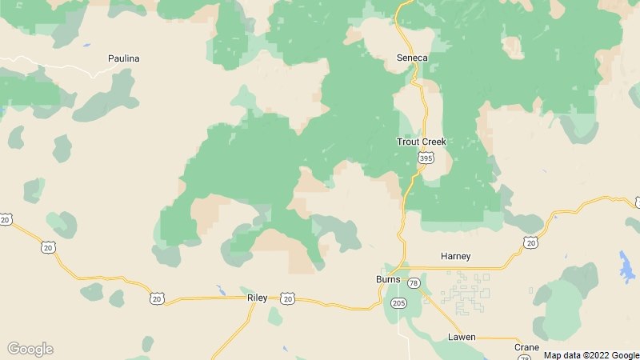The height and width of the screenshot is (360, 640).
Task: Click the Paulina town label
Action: coord(124,58)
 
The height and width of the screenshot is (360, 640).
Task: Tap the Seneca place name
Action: coord(413,58)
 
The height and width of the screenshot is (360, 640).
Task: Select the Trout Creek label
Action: coord(422,142)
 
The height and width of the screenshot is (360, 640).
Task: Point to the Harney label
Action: coord(456,256)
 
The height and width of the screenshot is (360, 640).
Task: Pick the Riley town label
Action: coord(257,298)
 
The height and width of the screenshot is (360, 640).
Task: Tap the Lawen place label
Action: coord(462,338)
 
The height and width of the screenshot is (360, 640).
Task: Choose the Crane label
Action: coord(526,347)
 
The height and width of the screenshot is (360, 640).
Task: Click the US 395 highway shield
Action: coord(426,159)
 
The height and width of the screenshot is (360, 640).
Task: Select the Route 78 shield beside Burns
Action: coord(414,283)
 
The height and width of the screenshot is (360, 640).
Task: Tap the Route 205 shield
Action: coord(399,302)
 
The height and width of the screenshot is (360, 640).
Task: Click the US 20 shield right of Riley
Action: coord(288,298)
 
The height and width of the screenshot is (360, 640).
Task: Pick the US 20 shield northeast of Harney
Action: coord(530,241)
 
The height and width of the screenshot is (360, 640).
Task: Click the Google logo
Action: coord(30,349)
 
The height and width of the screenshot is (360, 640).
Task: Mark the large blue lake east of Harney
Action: coord(626,265)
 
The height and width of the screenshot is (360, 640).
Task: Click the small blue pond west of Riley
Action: coord(220,290)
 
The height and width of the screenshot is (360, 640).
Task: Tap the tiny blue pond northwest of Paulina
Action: coord(86,45)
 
